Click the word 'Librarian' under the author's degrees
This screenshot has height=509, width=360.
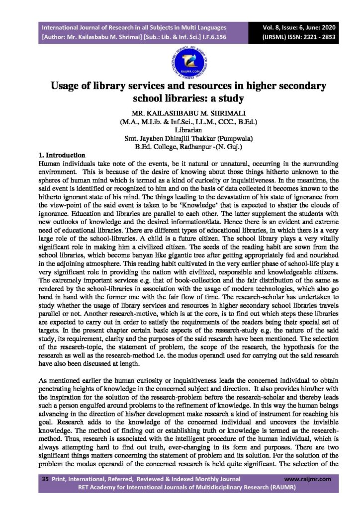click(x=180, y=129)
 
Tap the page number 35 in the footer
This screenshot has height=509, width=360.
click(x=45, y=479)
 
